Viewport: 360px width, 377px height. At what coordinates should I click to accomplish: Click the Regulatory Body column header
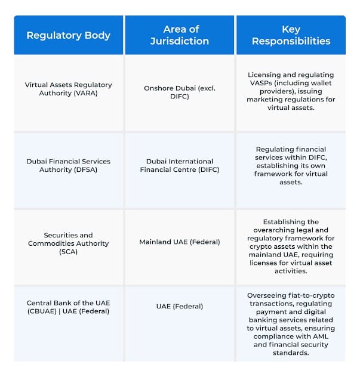[68, 35]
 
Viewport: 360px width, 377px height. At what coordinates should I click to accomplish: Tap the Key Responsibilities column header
[291, 35]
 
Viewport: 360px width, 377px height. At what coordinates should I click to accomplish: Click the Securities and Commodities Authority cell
[68, 243]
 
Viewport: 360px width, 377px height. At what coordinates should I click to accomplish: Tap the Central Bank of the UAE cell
[68, 307]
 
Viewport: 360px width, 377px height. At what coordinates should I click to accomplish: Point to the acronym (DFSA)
[83, 169]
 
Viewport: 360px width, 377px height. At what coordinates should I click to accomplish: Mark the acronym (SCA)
[68, 252]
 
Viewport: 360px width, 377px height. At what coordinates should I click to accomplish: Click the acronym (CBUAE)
[49, 311]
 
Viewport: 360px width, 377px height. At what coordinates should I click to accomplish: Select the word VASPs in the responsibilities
[259, 83]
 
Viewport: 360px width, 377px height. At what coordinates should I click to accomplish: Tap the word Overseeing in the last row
[267, 295]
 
